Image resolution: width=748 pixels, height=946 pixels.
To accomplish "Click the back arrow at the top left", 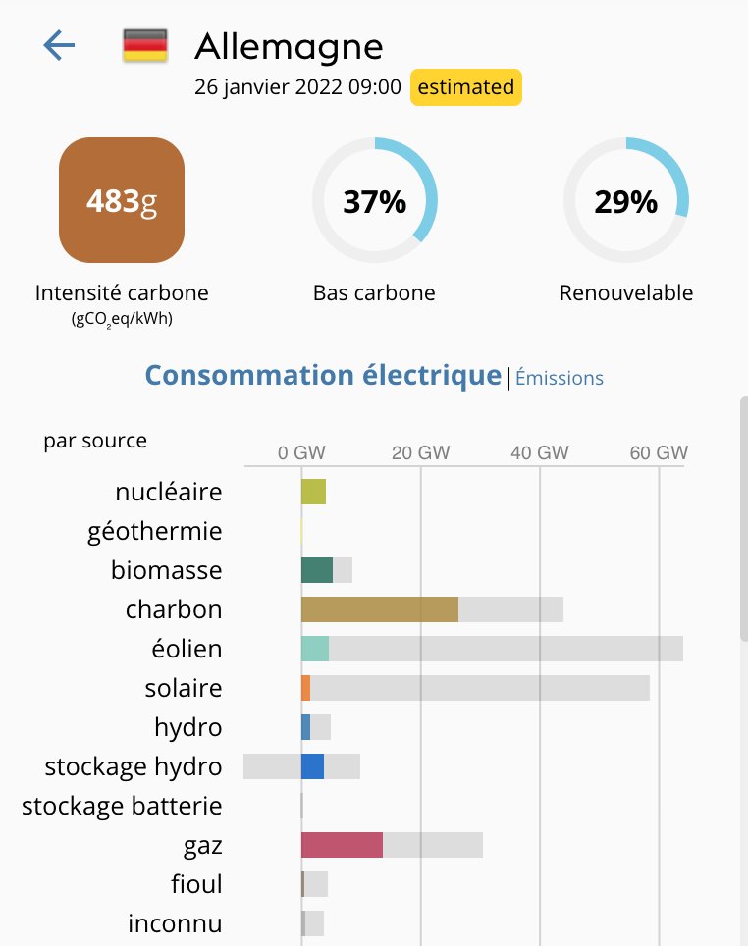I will click(59, 45).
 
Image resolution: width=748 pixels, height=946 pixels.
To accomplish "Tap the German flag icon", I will click(144, 45).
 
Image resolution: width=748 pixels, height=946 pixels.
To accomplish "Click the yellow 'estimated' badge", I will click(466, 87).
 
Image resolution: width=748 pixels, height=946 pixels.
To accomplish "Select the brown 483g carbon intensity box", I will click(122, 201).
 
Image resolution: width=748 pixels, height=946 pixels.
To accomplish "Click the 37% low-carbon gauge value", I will click(374, 202).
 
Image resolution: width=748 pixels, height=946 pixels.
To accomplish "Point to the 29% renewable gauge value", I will click(625, 202).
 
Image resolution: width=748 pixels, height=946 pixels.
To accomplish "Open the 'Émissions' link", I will click(560, 378).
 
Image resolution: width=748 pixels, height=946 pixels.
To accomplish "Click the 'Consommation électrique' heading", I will click(323, 375).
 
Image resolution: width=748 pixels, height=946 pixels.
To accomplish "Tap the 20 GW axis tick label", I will click(420, 453).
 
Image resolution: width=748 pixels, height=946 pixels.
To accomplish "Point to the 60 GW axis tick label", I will click(659, 453).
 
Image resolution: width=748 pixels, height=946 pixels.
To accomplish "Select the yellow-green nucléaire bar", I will click(313, 492).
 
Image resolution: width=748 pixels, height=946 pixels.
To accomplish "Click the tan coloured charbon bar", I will click(379, 609).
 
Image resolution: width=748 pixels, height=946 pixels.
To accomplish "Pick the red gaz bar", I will click(342, 845).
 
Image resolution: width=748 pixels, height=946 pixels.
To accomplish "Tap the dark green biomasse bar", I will click(317, 570).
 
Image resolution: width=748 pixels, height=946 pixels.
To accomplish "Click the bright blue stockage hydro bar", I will click(312, 766).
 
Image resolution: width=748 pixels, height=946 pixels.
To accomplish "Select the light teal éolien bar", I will click(315, 649).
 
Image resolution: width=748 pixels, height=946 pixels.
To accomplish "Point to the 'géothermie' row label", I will click(155, 531).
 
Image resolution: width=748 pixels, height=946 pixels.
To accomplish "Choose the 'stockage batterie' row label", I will click(122, 806).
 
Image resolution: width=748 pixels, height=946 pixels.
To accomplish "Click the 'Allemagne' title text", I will click(289, 45).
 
